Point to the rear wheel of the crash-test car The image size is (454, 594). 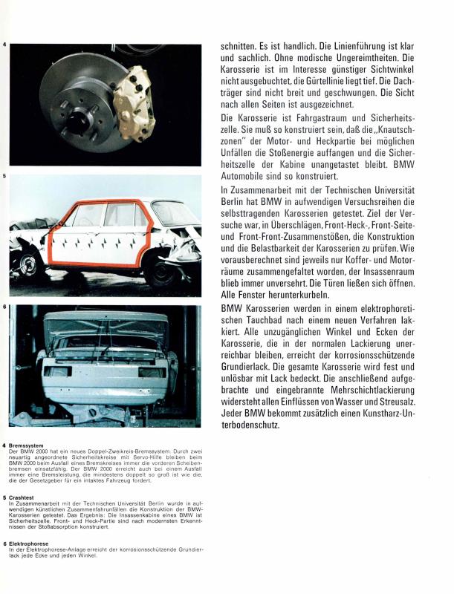point(30,263)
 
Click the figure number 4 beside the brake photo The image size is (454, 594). point(5,47)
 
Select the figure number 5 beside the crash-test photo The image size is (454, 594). point(5,177)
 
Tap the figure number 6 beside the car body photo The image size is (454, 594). point(5,306)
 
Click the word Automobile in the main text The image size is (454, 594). point(250,177)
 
